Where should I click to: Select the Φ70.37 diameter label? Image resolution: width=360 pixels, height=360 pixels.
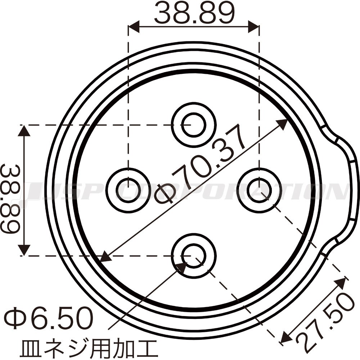(x=199, y=164)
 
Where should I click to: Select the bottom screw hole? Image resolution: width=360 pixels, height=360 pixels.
(x=194, y=256)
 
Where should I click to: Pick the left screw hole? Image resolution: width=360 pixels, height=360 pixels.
(x=129, y=190)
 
